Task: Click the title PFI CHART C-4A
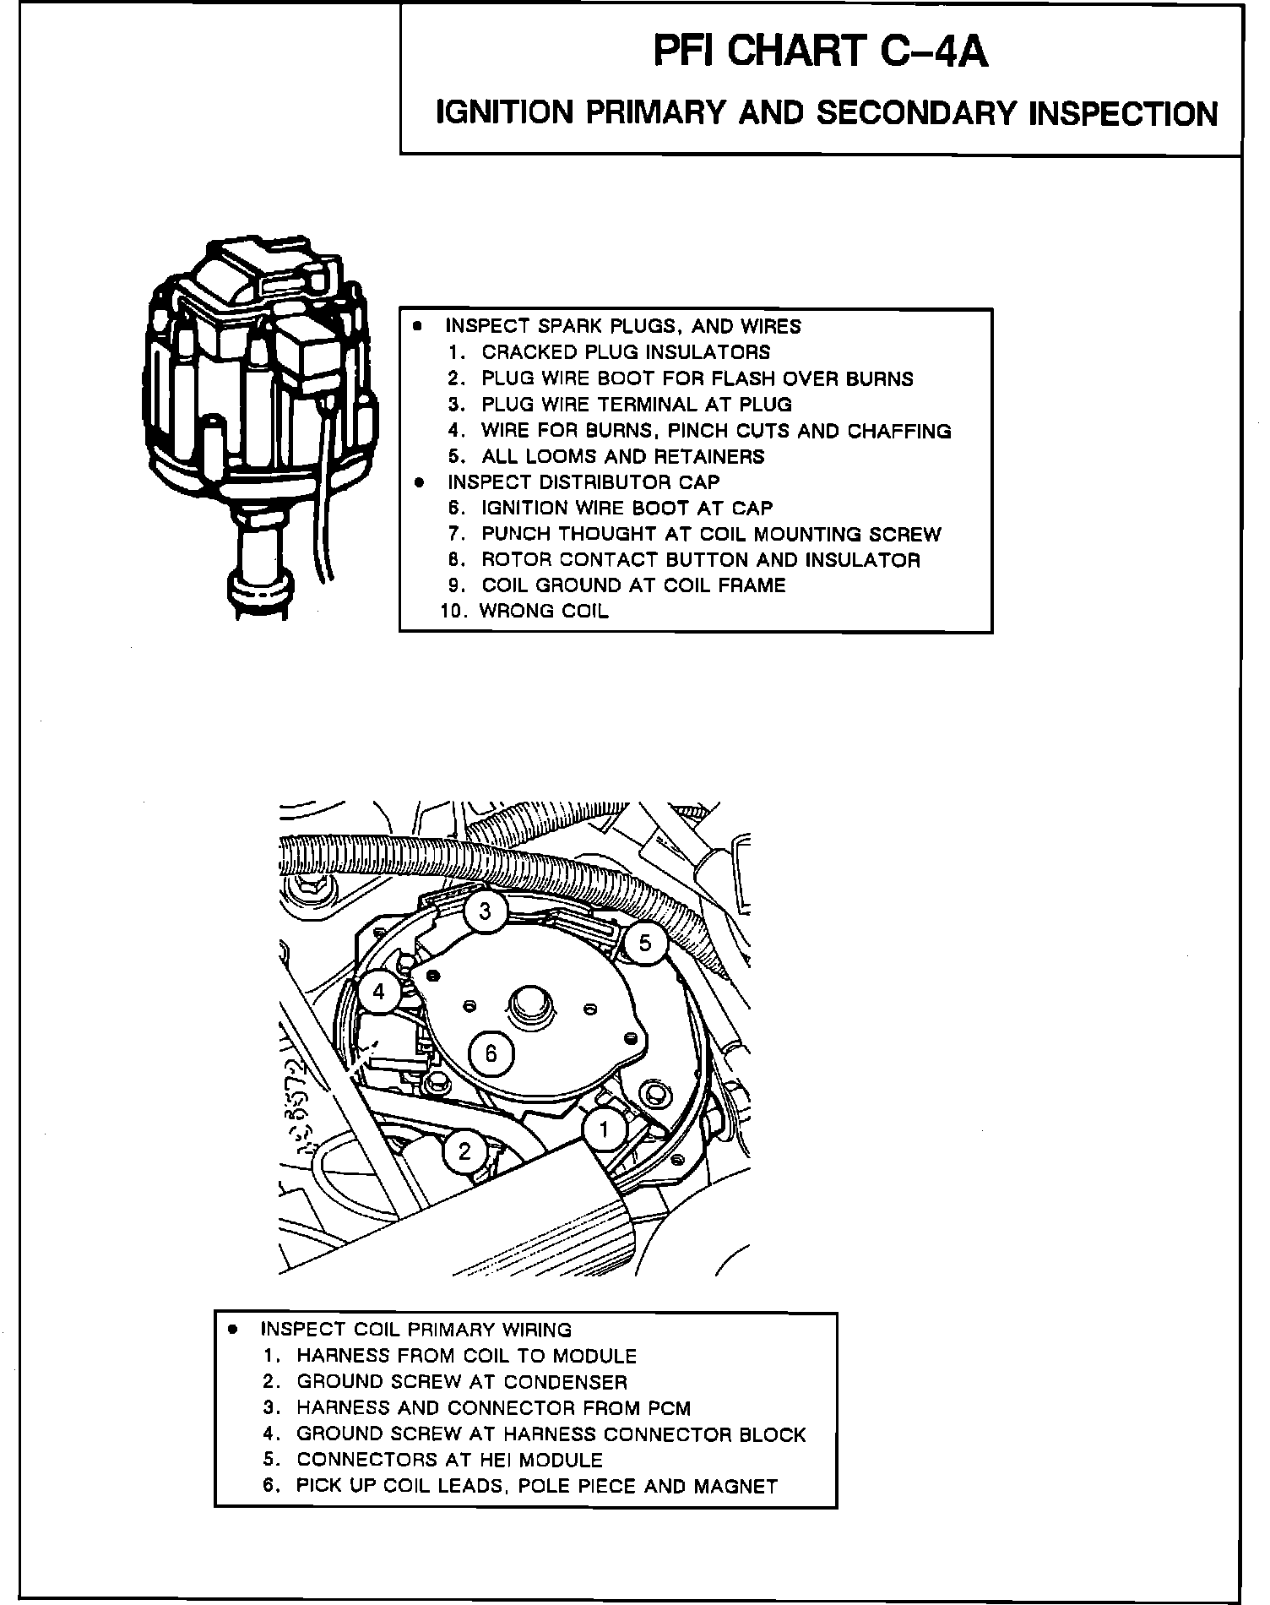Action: pos(820,52)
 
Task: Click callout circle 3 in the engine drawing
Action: pos(485,911)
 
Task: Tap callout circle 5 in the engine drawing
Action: pos(645,942)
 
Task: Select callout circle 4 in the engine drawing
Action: pos(378,992)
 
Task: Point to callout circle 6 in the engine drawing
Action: pos(491,1053)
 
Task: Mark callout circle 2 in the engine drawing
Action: pos(464,1151)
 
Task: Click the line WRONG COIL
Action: pos(543,612)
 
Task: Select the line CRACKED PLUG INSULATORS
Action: pos(626,352)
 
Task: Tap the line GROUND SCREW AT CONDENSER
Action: pos(461,1383)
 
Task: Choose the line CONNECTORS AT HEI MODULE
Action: pos(449,1461)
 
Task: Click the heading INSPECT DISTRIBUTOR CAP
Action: pos(583,482)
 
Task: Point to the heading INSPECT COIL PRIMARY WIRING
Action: pos(415,1330)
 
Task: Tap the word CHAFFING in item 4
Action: pos(898,431)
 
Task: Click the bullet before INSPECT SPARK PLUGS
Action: pos(416,325)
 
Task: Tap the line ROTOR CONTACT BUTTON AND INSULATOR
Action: pos(700,560)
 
